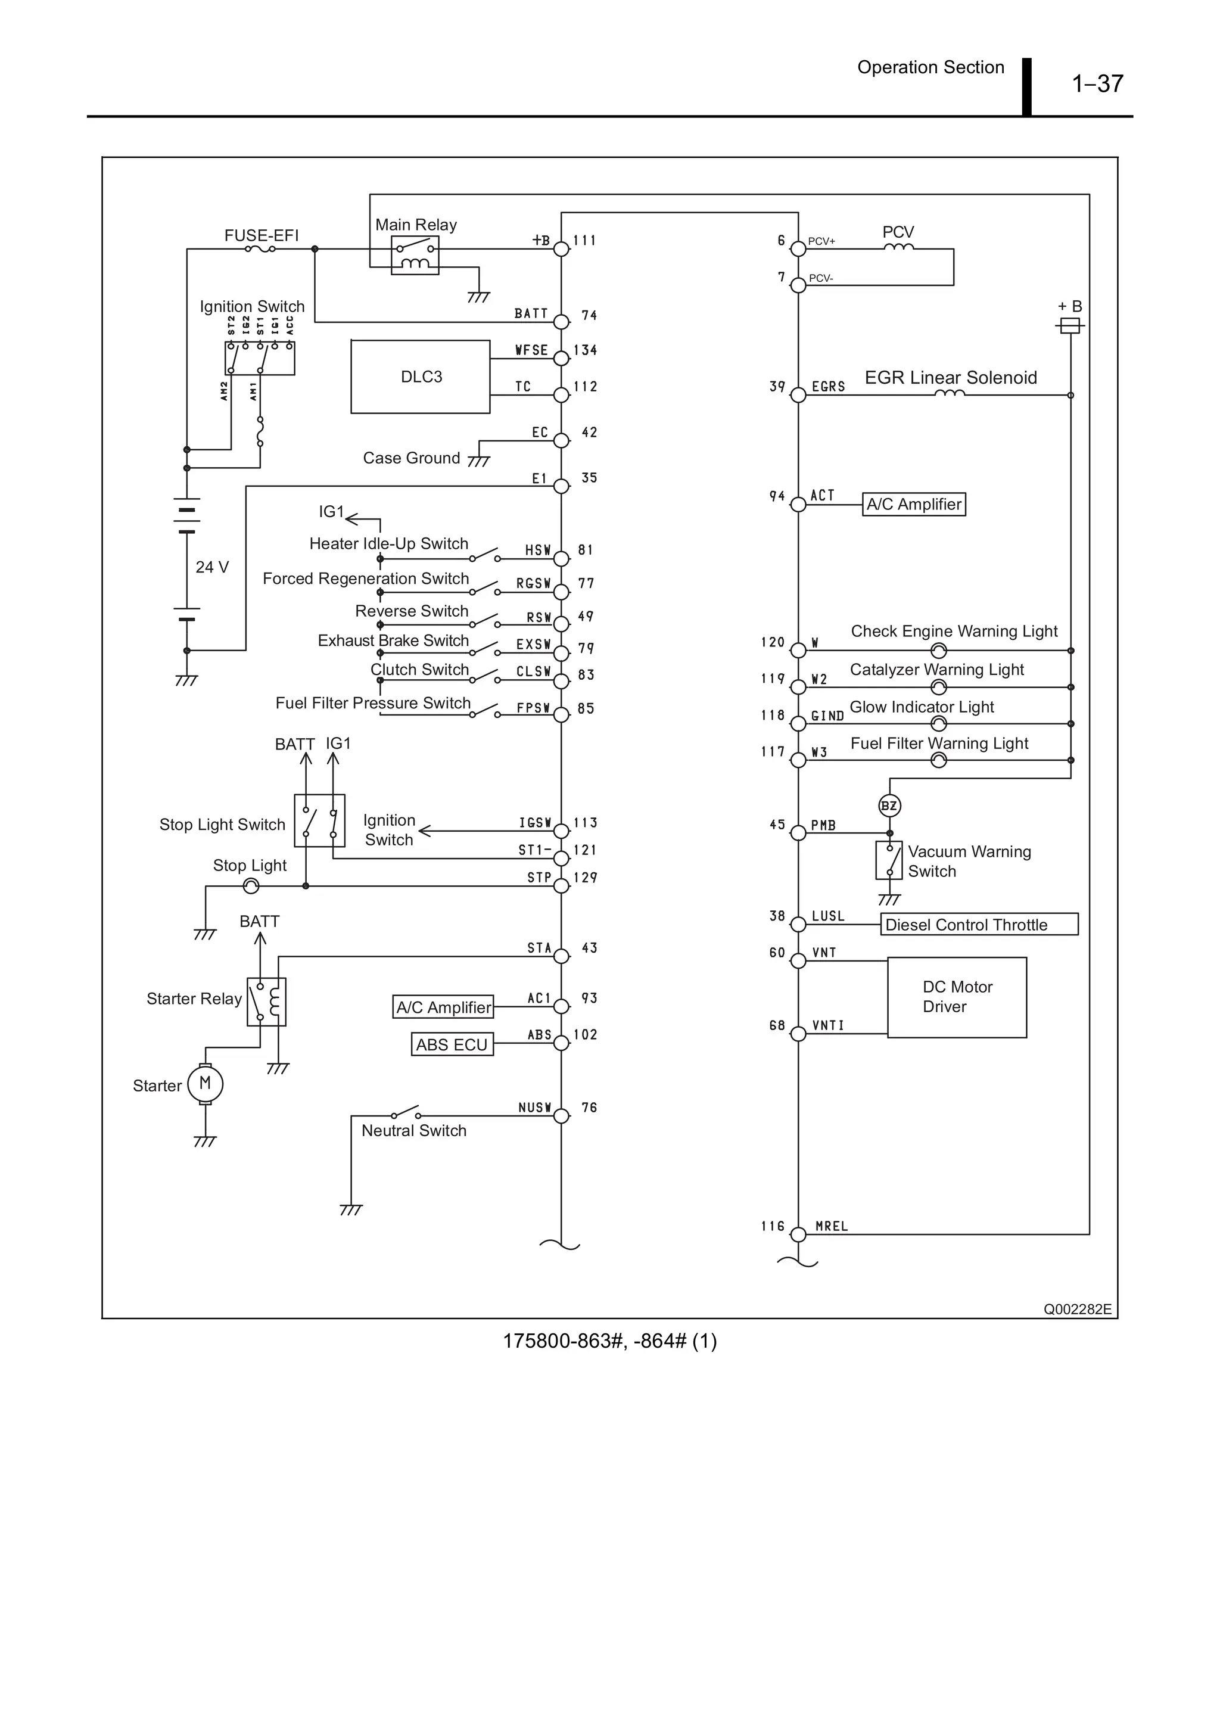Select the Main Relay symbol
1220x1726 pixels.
(x=415, y=256)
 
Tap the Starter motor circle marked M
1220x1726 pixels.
(x=205, y=1084)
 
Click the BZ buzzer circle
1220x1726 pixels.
(x=889, y=806)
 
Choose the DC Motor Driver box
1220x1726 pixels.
(x=956, y=997)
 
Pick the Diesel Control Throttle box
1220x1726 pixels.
(x=979, y=924)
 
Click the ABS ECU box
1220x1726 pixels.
(x=452, y=1044)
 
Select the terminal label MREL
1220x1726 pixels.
(x=832, y=1226)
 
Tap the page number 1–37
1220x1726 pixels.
(x=1097, y=83)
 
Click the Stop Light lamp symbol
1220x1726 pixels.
(x=251, y=887)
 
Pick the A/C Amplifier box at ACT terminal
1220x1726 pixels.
(x=913, y=505)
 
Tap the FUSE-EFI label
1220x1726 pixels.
(x=262, y=235)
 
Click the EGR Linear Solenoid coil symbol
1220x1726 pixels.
(x=950, y=393)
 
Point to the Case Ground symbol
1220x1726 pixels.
(x=478, y=461)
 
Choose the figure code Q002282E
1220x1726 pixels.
(x=1076, y=1309)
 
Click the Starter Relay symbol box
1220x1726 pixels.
(x=266, y=1002)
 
